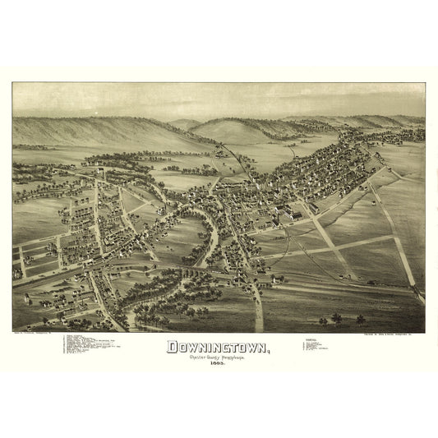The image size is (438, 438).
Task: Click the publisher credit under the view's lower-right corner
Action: click(x=386, y=333)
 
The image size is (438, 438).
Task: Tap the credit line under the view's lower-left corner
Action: click(x=41, y=333)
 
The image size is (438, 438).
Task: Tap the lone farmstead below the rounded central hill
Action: click(x=220, y=151)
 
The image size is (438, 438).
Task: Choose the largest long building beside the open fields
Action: click(x=292, y=215)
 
